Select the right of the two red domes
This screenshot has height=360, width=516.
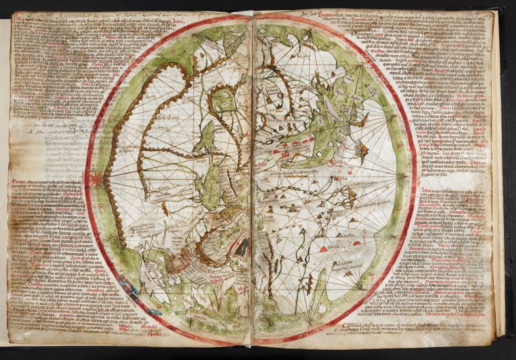coord(357,242)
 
